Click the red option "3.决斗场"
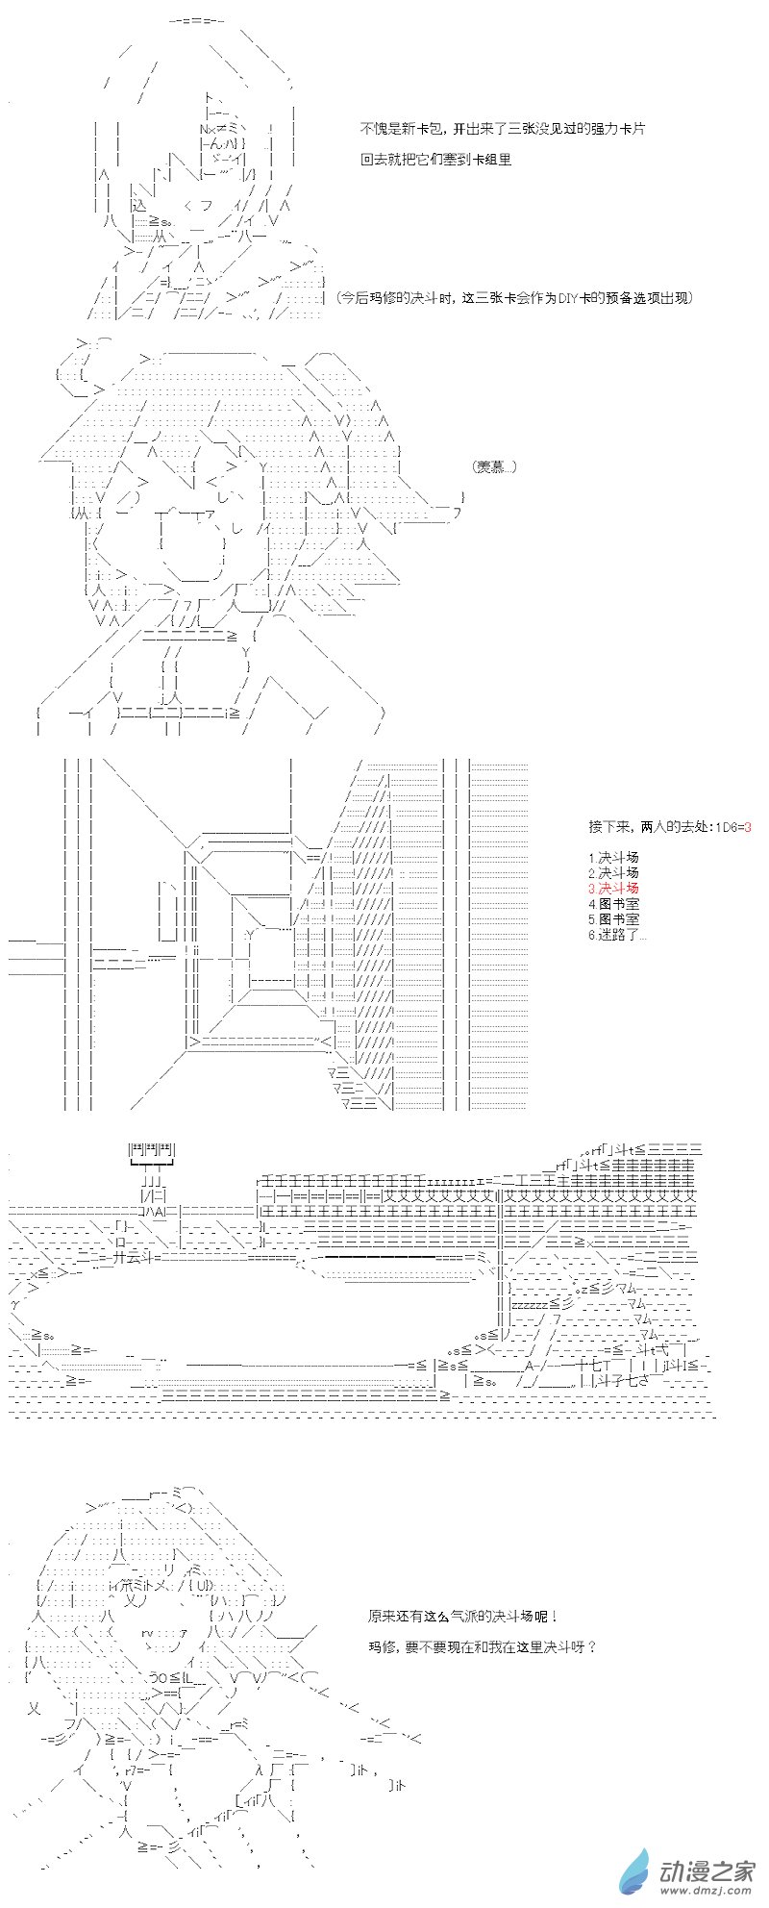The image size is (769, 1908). pyautogui.click(x=613, y=888)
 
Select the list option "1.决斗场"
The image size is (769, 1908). pyautogui.click(x=613, y=857)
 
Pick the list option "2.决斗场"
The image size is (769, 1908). pyautogui.click(x=613, y=872)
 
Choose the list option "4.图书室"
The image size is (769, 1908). pyautogui.click(x=613, y=903)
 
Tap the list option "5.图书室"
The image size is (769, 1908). pyautogui.click(x=613, y=918)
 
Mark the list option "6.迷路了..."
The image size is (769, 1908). pyautogui.click(x=617, y=934)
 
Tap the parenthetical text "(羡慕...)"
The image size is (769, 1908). pyautogui.click(x=495, y=466)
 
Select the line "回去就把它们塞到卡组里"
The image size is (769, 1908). pyautogui.click(x=435, y=160)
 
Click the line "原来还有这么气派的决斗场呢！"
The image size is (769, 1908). pyautogui.click(x=461, y=1619)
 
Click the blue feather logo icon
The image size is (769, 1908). pyautogui.click(x=635, y=1870)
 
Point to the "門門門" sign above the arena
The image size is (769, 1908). pyautogui.click(x=152, y=1149)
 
